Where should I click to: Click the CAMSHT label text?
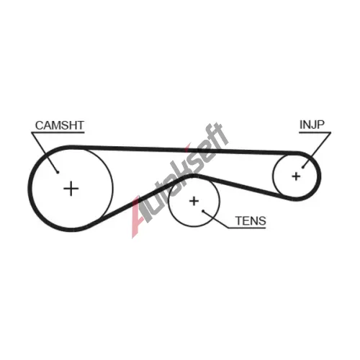pos(60,125)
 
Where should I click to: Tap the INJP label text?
pos(312,125)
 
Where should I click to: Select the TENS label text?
pos(251,221)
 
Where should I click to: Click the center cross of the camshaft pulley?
pos(71,189)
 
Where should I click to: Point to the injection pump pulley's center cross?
pos(296,176)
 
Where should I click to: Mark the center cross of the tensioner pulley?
pos(194,201)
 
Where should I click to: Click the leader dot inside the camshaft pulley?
pos(58,172)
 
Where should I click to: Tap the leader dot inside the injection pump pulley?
pos(303,167)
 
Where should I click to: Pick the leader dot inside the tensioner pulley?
pos(203,211)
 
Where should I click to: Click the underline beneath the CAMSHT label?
pos(58,132)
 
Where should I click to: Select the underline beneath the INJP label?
pos(315,132)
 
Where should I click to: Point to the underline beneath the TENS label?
pos(247,228)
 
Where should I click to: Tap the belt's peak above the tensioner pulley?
pos(193,176)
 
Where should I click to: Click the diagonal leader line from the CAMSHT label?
pos(45,152)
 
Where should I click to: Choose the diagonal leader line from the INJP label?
pos(317,150)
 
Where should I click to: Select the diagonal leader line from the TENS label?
pos(215,220)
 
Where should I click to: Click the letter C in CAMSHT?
pos(39,125)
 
